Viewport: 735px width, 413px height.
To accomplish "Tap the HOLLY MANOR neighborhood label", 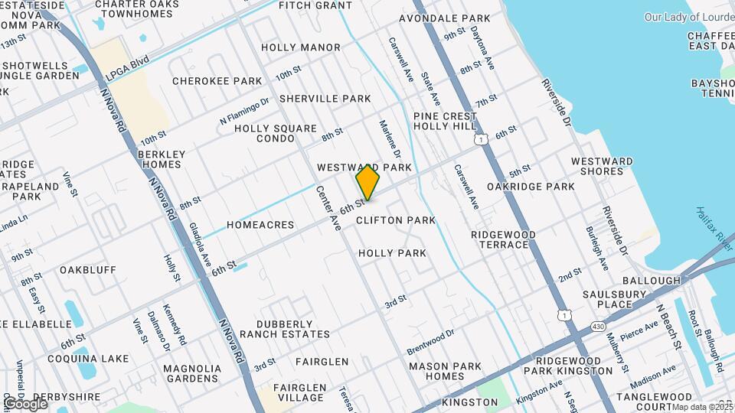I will [300, 47].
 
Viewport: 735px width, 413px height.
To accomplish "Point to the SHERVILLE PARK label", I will [325, 99].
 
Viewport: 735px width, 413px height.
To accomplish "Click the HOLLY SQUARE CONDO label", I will [265, 133].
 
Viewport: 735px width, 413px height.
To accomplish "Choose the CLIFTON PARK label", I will [396, 220].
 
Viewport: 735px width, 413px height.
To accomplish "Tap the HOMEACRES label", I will [260, 226].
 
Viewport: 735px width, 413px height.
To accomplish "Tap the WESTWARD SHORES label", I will [602, 166].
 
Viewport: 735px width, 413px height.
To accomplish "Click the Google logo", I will [25, 403].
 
